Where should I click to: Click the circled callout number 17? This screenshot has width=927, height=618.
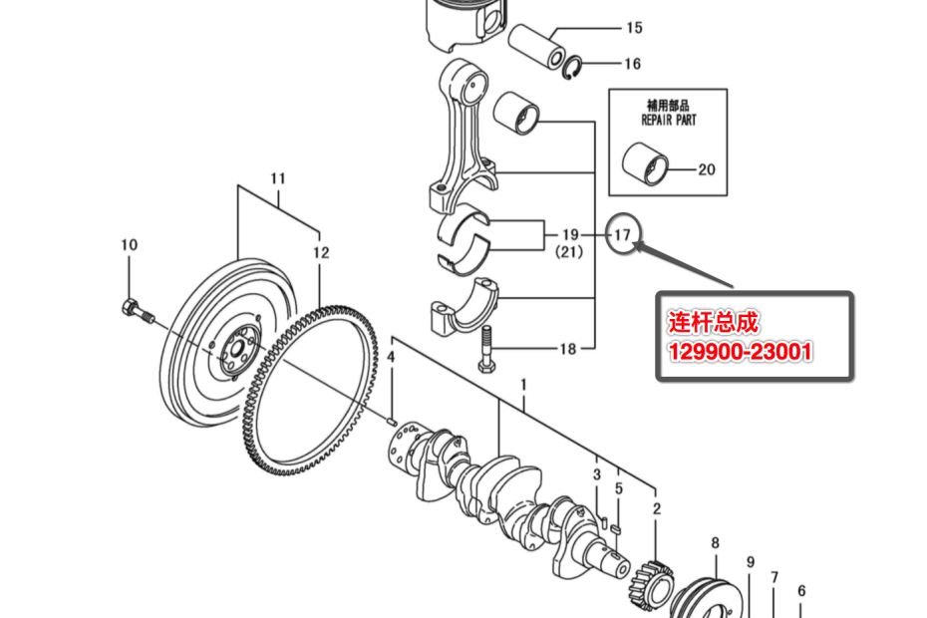623,235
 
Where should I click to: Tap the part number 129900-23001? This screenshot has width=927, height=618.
740,352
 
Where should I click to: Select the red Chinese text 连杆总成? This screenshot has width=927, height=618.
713,322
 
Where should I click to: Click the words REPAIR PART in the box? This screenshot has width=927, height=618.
669,120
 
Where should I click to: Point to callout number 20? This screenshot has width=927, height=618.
707,169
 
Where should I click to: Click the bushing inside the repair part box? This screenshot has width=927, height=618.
645,163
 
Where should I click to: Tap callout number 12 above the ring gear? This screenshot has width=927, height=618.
321,253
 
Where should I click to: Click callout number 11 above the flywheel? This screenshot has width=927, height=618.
278,178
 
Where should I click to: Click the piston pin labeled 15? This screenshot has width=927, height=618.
537,46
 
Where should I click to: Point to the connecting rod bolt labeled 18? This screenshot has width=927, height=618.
486,350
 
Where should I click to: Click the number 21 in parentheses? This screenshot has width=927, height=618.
569,252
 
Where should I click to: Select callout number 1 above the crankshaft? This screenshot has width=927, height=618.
523,385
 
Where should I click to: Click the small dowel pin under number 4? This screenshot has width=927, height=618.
391,421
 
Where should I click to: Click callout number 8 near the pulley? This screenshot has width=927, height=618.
716,543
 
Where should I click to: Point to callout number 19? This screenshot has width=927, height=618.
570,235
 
